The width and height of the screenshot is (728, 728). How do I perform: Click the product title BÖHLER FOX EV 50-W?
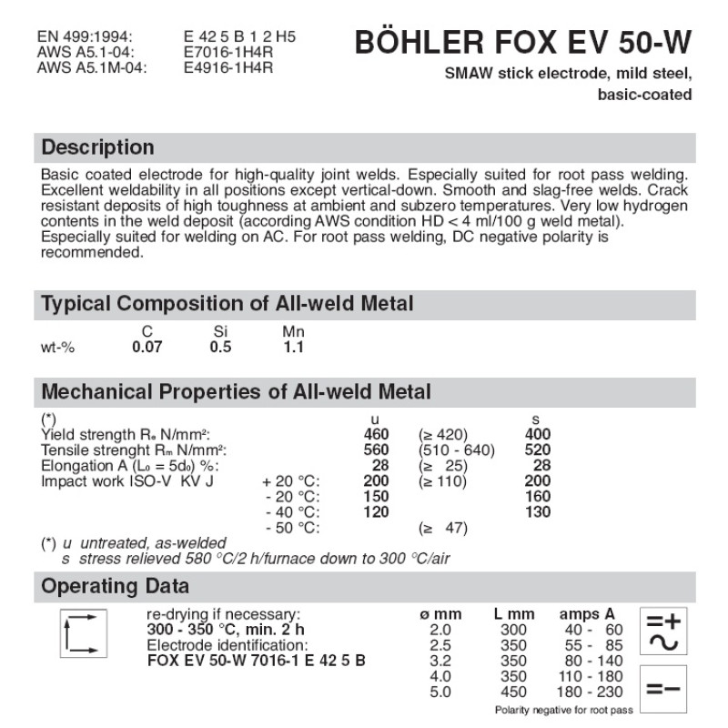coord(522,43)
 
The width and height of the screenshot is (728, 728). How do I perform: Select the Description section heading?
coord(98,147)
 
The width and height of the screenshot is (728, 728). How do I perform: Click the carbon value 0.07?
coord(143,347)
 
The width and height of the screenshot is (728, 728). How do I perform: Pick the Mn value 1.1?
coord(293,347)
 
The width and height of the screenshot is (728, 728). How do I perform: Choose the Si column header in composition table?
coord(219,333)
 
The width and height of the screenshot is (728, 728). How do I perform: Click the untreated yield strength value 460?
coord(376,435)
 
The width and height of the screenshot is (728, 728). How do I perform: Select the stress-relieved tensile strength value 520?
coord(538,450)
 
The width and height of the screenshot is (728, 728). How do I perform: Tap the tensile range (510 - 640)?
coord(456,450)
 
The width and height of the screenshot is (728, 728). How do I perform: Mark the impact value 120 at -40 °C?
coord(376,512)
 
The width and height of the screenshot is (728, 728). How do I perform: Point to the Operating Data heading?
coord(116,586)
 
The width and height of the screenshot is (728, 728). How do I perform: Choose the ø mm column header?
coord(441,614)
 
